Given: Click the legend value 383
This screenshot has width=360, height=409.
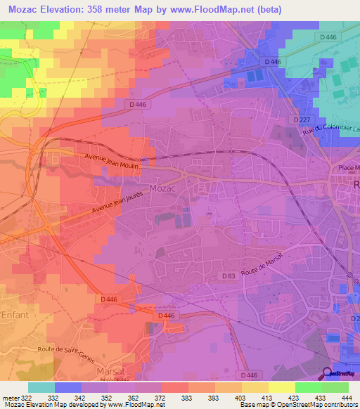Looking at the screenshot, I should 188,397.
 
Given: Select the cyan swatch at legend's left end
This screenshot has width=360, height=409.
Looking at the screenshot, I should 41,387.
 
